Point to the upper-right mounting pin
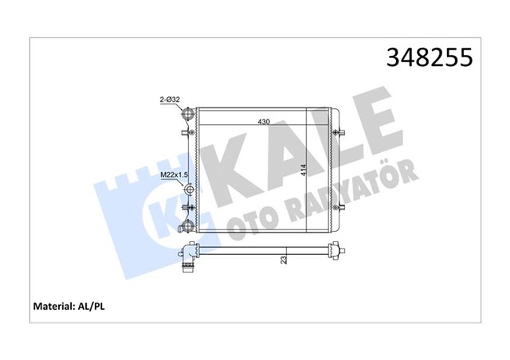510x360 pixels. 342,131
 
